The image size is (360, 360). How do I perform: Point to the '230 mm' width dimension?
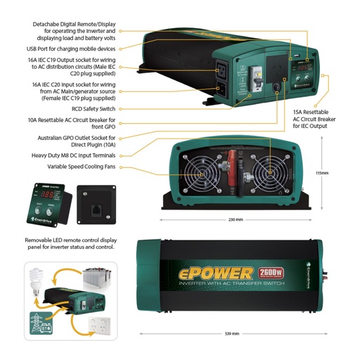pyautogui.click(x=236, y=219)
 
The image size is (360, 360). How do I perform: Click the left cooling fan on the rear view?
pyautogui.click(x=202, y=173)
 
